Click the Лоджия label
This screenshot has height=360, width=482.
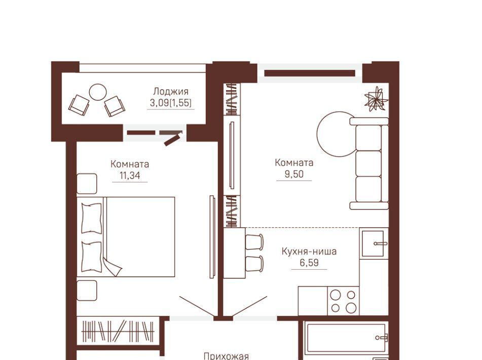[x=171, y=91]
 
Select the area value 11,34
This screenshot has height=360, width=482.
[x=130, y=175]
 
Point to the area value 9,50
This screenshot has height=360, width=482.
[x=294, y=174]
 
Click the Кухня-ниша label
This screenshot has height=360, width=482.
[x=309, y=251]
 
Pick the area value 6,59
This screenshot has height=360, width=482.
[x=309, y=263]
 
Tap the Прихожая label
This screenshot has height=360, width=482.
[x=226, y=356]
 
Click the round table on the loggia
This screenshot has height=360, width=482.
[x=98, y=92]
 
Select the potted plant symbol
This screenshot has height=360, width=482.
[x=376, y=98]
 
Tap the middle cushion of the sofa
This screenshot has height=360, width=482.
[x=368, y=163]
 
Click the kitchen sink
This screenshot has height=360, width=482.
[x=373, y=243]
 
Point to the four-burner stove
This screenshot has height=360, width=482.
[x=343, y=301]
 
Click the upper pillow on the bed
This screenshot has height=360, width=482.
[x=91, y=218]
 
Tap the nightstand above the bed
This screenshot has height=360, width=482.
[x=87, y=184]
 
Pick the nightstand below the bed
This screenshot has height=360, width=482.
[x=87, y=290]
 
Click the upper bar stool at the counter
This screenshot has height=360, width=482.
[x=254, y=242]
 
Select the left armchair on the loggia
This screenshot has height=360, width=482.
[x=79, y=105]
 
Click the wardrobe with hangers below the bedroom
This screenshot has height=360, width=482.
[x=118, y=331]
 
